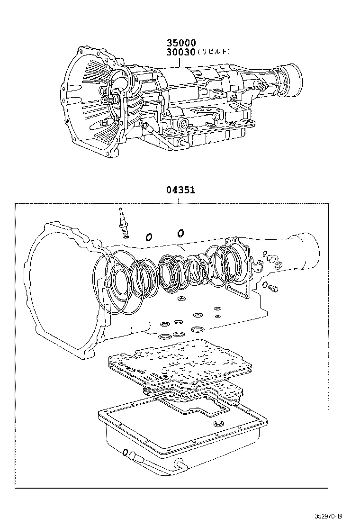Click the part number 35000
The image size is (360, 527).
coord(181,43)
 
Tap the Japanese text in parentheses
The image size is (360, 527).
coord(214,52)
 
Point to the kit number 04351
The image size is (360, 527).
coord(180,190)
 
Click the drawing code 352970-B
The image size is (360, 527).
coord(328,516)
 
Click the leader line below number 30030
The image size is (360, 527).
coord(180,62)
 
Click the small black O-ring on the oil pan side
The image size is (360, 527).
coord(125,453)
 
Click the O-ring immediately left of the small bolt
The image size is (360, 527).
coord(265,285)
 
